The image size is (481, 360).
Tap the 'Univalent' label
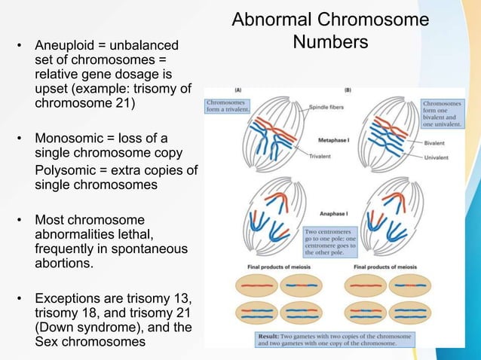click(438, 159)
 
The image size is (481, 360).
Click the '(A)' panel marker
click(238, 90)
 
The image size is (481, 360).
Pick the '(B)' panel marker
click(348, 90)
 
